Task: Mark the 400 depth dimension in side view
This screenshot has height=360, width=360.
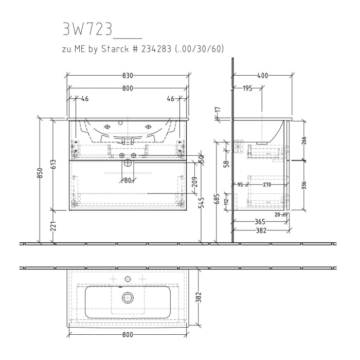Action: point(262,76)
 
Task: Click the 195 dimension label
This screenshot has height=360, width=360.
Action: point(247,88)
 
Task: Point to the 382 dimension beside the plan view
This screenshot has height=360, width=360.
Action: point(200,297)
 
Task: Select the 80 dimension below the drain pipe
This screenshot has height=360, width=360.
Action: point(127,180)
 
